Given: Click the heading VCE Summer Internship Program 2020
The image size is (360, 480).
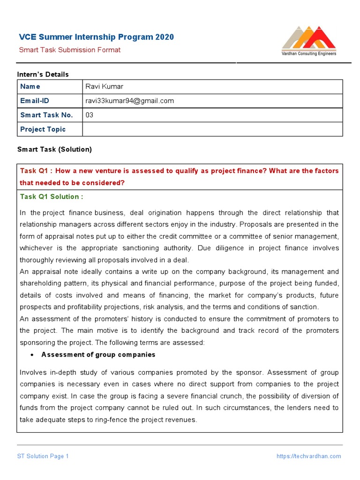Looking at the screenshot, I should tap(96, 37).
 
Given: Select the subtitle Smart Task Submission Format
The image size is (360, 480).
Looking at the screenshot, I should tap(69, 50).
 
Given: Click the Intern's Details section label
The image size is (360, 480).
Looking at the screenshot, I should tap(43, 74).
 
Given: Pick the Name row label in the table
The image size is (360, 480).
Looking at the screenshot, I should tap(30, 87).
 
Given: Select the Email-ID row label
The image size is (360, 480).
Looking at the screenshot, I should tap(34, 101).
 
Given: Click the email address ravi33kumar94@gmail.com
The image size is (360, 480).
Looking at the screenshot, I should tap(129, 101).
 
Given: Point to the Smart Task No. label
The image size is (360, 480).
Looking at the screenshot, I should tap(46, 115).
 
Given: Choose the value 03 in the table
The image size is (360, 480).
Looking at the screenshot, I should tap(89, 115).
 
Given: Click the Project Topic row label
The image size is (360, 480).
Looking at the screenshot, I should tap(43, 129).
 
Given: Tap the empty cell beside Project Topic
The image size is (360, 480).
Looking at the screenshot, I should tap(212, 129).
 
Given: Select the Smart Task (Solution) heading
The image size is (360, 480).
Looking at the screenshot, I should tap(54, 150).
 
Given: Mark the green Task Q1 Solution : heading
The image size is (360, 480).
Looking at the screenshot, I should tap(52, 197).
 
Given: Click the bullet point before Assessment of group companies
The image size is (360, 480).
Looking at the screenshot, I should tap(31, 355).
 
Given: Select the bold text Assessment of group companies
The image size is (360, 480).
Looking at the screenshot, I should tap(98, 355).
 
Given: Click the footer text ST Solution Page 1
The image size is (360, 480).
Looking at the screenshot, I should tap(43, 456).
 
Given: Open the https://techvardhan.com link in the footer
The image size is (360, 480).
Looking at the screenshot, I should tap(308, 456).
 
